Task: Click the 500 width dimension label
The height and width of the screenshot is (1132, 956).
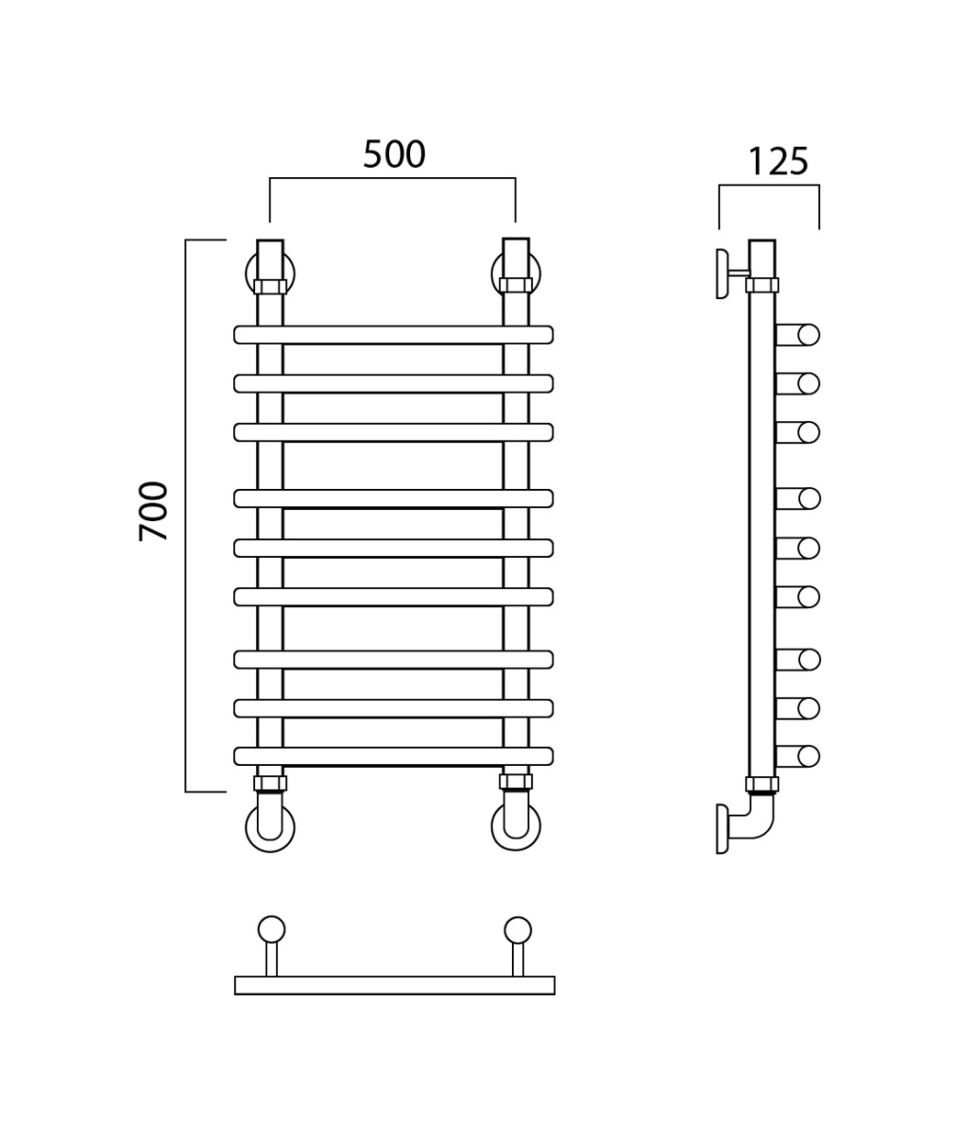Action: [395, 154]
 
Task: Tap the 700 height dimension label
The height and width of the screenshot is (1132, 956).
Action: [153, 511]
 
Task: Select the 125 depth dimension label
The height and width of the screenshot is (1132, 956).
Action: [778, 161]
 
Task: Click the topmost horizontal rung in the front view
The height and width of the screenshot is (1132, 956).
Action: [394, 335]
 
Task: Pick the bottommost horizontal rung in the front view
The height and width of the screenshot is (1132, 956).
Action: [394, 756]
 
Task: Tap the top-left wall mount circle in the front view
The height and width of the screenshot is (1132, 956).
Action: [248, 272]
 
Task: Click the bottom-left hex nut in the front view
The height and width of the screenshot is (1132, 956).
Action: [270, 782]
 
